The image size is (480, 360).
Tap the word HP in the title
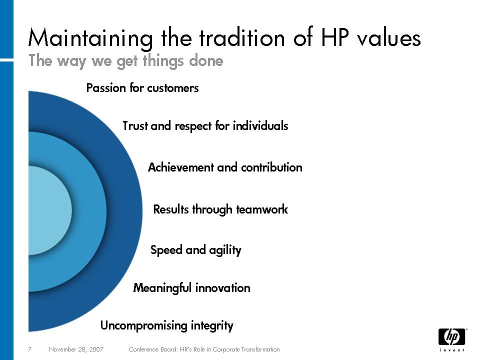[x=334, y=37]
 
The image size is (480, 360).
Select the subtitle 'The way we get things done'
[x=126, y=61]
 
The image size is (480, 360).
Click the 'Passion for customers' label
[x=142, y=88]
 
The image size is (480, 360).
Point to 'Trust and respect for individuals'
[x=205, y=126]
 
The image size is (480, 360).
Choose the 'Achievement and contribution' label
[x=225, y=167]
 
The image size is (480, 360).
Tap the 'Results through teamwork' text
[x=220, y=209]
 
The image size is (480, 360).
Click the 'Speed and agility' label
[x=196, y=250]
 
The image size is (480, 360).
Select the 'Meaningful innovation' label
[x=191, y=288]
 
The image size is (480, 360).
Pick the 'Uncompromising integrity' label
[x=167, y=325]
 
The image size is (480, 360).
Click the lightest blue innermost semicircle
[x=49, y=210]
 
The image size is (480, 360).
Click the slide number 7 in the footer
[x=29, y=349]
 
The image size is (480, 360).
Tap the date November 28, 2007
[x=76, y=349]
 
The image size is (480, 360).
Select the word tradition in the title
[x=242, y=37]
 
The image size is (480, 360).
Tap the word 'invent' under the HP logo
[x=452, y=350]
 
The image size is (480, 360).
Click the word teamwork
[x=261, y=209]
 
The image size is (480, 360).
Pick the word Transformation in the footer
[x=260, y=349]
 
